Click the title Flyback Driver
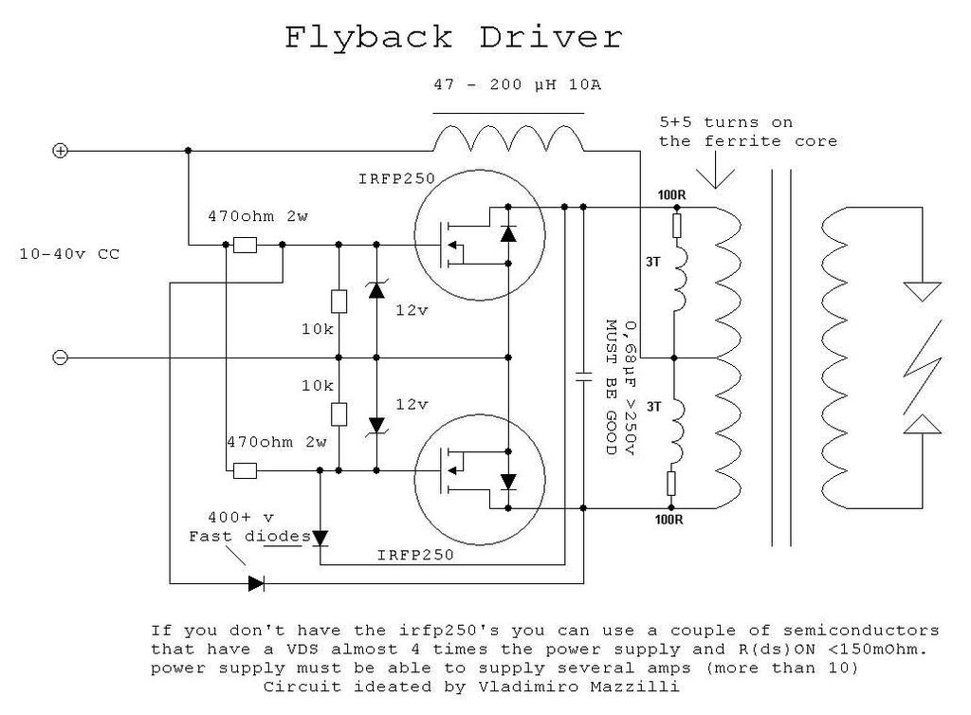[454, 38]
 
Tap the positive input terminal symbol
[59, 151]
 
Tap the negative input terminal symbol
[59, 357]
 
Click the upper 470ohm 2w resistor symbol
[246, 245]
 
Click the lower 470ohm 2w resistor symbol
[246, 469]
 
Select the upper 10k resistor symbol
[339, 301]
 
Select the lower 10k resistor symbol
[339, 414]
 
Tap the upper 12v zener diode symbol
[376, 291]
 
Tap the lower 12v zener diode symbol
[376, 424]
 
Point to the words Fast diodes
[249, 536]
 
